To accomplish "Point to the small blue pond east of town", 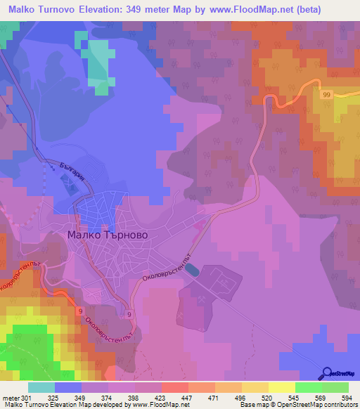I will (x=194, y=271).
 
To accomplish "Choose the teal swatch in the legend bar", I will (x=41, y=387).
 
